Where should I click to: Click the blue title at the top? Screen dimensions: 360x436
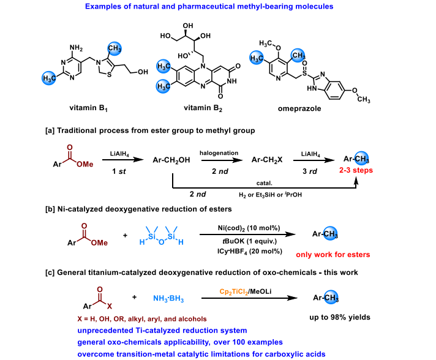click(x=219, y=7)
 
